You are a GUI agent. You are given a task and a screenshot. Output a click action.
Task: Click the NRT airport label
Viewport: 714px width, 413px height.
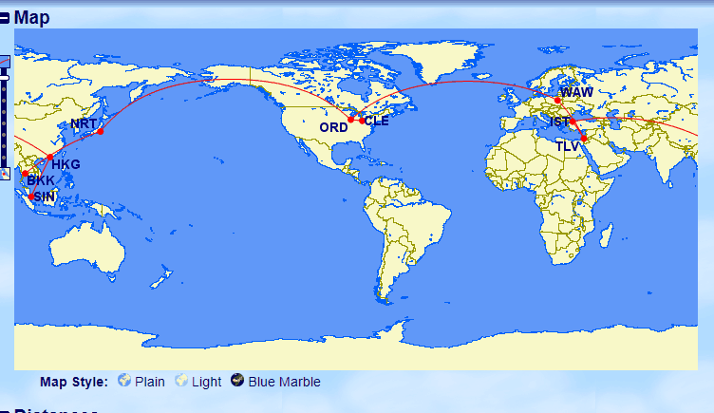pos(83,125)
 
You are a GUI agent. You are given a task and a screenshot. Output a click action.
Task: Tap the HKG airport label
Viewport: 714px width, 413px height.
pos(66,165)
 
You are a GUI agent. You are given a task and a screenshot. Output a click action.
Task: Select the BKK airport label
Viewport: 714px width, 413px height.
pos(40,180)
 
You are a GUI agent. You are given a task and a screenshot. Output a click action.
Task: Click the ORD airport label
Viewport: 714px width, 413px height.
pos(332,127)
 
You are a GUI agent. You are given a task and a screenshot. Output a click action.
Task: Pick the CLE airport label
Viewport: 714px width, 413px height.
pos(377,122)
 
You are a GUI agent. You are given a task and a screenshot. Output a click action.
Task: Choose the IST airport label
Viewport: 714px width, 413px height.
pos(560,122)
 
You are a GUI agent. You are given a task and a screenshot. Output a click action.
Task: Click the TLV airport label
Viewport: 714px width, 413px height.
pos(568,146)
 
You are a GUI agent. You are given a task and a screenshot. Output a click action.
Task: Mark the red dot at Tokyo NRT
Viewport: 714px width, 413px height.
pos(100,131)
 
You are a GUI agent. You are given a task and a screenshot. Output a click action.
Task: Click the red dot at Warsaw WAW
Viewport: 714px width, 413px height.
pos(558,101)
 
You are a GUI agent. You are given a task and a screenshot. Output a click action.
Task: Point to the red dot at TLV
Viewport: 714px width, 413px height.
pos(584,140)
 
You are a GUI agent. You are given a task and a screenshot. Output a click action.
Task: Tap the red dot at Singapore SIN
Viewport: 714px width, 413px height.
pos(31,197)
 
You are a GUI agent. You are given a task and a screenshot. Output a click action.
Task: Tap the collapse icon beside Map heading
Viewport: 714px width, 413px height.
pos(6,17)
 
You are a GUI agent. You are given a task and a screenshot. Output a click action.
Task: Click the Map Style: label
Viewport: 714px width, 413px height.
pos(74,382)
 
